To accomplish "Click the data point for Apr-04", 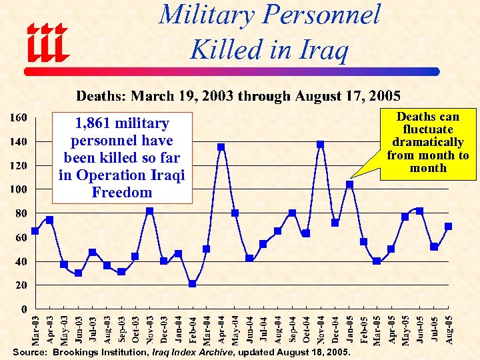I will pyautogui.click(x=221, y=147).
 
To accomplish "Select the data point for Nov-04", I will pyautogui.click(x=321, y=144).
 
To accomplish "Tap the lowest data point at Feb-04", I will pyautogui.click(x=192, y=283).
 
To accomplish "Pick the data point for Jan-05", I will pyautogui.click(x=349, y=184).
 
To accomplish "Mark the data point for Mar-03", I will pyautogui.click(x=35, y=231).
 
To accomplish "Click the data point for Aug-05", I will pyautogui.click(x=449, y=226).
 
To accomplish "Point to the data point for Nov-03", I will pyautogui.click(x=150, y=211).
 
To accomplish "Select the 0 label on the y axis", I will pyautogui.click(x=24, y=309).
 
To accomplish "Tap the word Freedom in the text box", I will pyautogui.click(x=122, y=193).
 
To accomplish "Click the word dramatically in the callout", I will pyautogui.click(x=428, y=142).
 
